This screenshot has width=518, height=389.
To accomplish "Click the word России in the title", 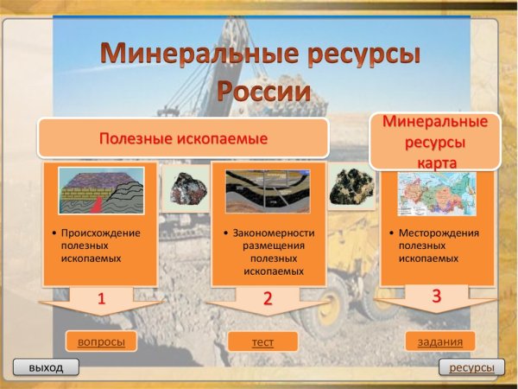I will tap(262, 92).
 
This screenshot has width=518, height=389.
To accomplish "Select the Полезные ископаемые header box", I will tap(182, 138).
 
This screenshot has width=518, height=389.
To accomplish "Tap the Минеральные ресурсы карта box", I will tap(436, 142).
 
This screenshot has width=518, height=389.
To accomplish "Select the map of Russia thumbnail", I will tap(437, 193).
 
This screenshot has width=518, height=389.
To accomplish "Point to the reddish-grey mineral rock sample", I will tap(186, 189).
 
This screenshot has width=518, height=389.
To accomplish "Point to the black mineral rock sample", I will tap(351, 186).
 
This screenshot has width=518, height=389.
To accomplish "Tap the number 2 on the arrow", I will tap(268, 299).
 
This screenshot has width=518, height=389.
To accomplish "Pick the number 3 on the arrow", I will tap(436, 296).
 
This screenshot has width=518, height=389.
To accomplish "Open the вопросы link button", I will tap(101, 341).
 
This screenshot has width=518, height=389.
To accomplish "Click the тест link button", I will tap(262, 341).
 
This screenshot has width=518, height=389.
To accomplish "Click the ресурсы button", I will tap(471, 367).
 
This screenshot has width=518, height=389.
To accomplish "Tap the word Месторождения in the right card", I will tap(439, 233).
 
